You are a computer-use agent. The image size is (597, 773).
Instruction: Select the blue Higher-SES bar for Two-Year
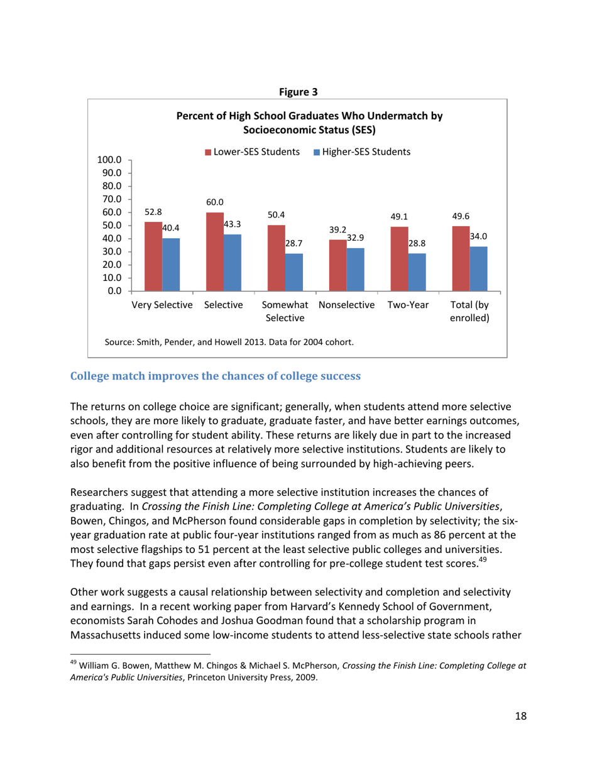(417, 272)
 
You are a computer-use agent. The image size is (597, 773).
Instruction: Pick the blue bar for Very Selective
(171, 265)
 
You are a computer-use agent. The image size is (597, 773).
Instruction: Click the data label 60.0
(215, 202)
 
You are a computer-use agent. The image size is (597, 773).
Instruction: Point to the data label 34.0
(479, 236)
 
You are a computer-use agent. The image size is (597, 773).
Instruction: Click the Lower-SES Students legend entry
(251, 152)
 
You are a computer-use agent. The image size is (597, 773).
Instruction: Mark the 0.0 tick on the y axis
(115, 291)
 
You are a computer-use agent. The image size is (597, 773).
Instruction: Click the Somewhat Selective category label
(285, 311)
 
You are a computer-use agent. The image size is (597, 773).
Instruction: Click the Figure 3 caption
(298, 92)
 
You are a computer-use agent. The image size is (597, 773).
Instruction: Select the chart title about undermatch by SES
(309, 123)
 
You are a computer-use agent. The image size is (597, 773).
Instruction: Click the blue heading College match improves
(215, 376)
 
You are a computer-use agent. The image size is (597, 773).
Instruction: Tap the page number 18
(520, 716)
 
